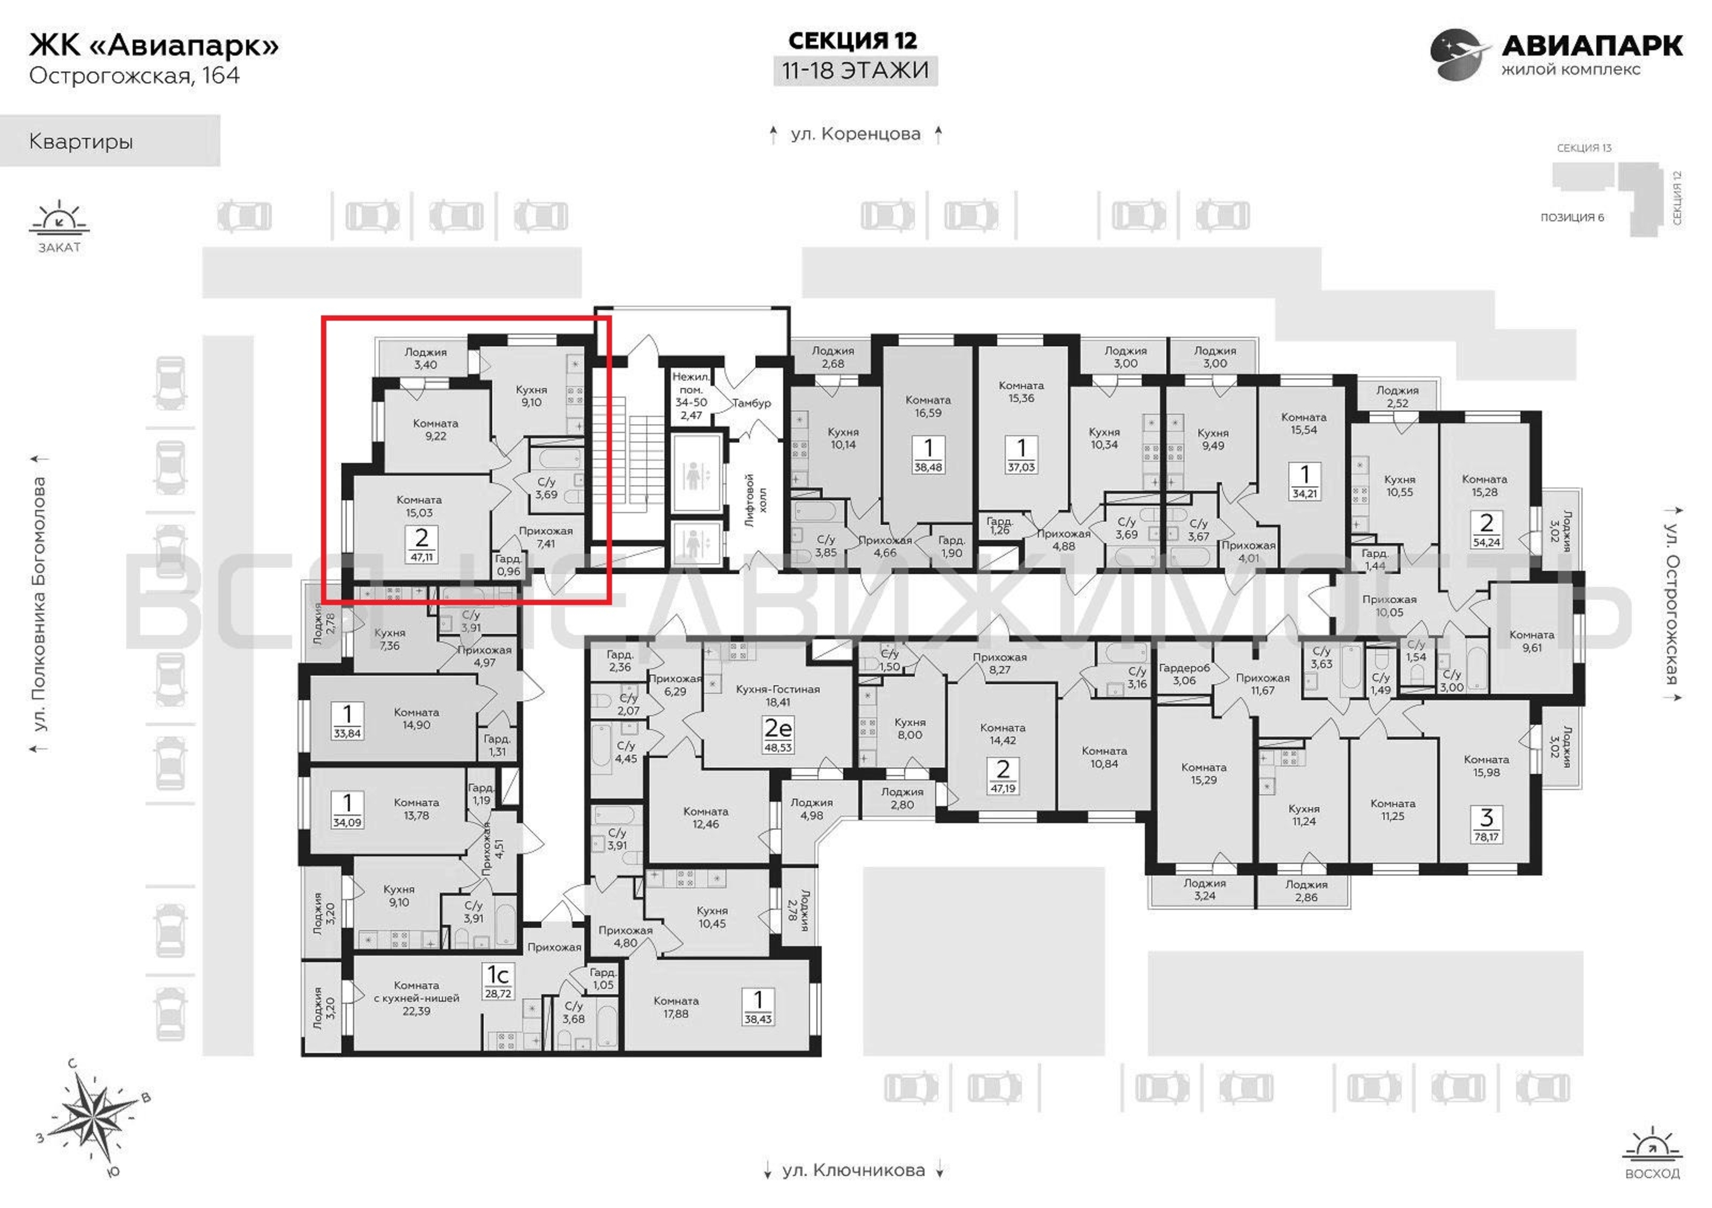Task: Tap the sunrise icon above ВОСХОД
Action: tap(1652, 1147)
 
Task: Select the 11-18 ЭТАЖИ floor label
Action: tap(855, 70)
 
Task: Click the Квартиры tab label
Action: tap(80, 141)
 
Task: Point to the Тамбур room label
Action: tap(751, 403)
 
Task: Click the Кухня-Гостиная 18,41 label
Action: tap(777, 695)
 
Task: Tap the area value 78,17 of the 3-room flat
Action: tap(1486, 837)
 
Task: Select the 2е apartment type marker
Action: tap(777, 727)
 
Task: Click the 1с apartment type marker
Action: tap(498, 974)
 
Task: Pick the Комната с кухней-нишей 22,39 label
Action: tap(417, 998)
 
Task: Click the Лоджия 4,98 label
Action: tap(812, 809)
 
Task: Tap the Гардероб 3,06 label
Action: tap(1184, 675)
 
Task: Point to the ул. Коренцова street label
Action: tap(855, 134)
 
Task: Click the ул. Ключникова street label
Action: tap(854, 1170)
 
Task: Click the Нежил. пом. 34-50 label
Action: tap(691, 396)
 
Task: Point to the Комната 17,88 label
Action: tap(676, 1007)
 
